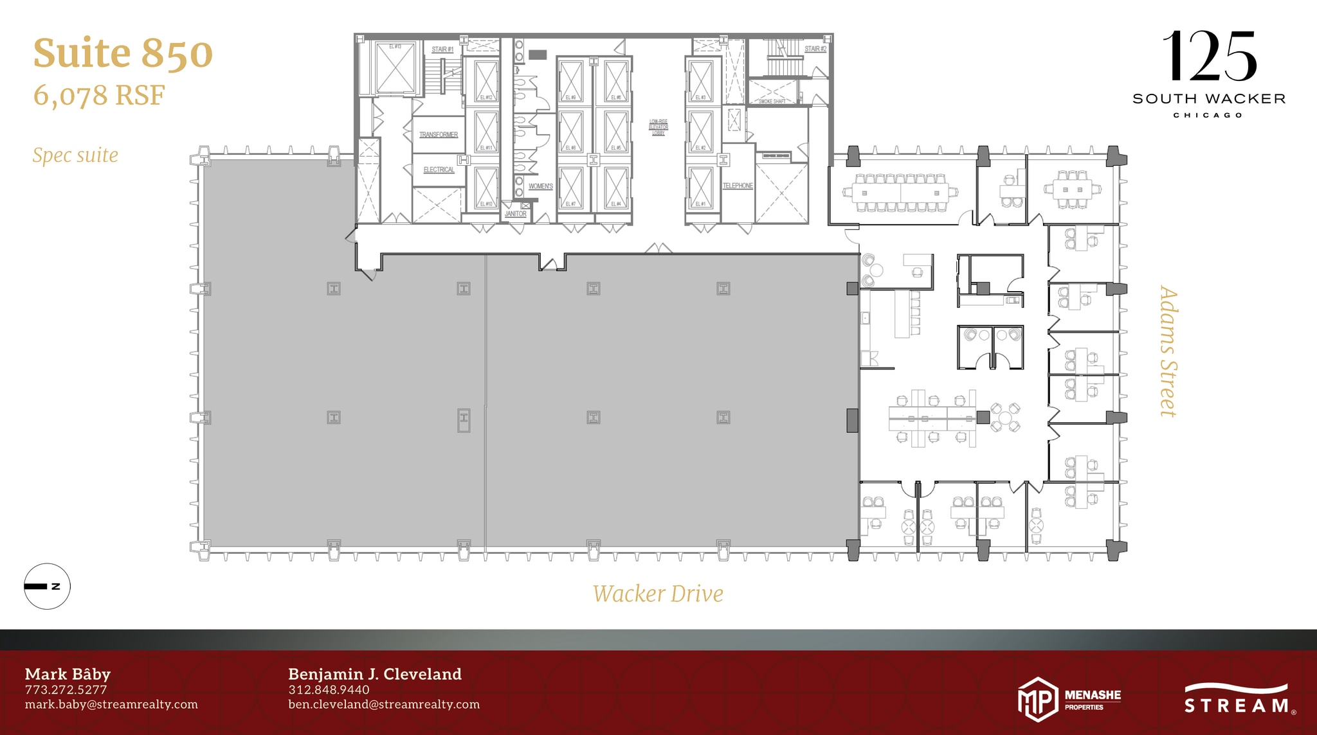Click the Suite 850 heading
pyautogui.click(x=123, y=53)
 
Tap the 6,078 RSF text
pyautogui.click(x=99, y=96)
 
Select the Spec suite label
pyautogui.click(x=75, y=155)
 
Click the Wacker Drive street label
pyautogui.click(x=657, y=594)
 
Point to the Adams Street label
pyautogui.click(x=1168, y=351)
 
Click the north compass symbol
pyautogui.click(x=47, y=586)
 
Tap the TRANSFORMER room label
pyautogui.click(x=439, y=135)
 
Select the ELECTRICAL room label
pyautogui.click(x=439, y=170)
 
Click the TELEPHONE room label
pyautogui.click(x=738, y=186)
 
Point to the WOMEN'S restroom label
pyautogui.click(x=540, y=186)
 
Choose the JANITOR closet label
pyautogui.click(x=515, y=214)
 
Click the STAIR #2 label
pyautogui.click(x=815, y=49)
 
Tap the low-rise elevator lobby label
pyautogui.click(x=658, y=127)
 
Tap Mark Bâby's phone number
pyautogui.click(x=66, y=690)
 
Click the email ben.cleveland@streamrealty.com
pyautogui.click(x=383, y=704)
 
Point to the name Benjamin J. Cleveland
pyautogui.click(x=374, y=674)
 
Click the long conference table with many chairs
pyautogui.click(x=900, y=192)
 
